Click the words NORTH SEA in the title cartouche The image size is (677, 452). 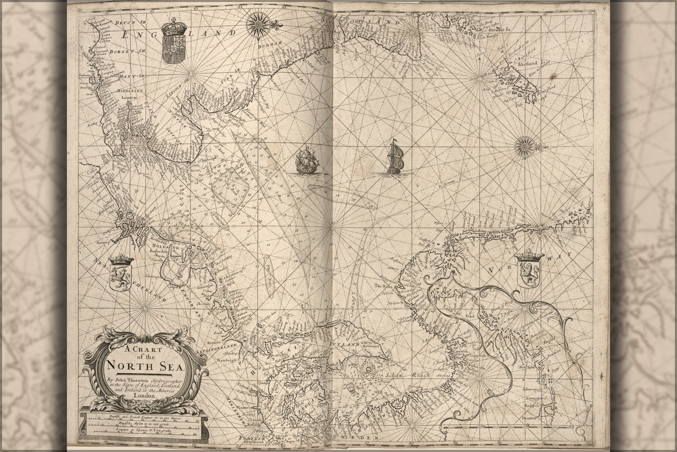(x=140, y=366)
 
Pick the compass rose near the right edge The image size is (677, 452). (x=525, y=146)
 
